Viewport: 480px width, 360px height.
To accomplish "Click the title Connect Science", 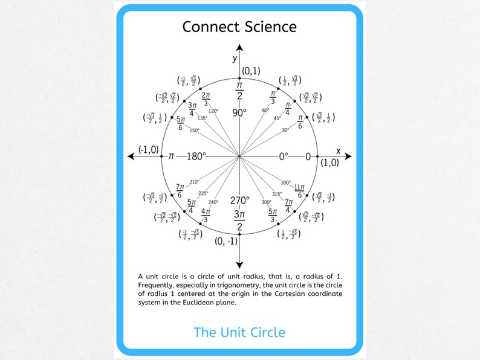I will (239, 27).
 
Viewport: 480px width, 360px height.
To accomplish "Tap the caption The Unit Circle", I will (239, 332).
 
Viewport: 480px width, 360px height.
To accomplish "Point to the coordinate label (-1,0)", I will (148, 150).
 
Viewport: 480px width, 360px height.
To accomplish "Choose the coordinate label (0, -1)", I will (226, 241).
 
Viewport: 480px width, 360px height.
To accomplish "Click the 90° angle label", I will (239, 113).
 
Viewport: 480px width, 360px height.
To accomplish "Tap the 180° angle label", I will (196, 156).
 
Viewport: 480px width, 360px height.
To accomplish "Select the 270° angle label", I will (239, 201).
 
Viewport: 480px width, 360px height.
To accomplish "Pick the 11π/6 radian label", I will (299, 190).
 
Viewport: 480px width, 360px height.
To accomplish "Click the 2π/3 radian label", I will (206, 99).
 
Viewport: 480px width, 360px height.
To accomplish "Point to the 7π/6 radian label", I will (180, 191).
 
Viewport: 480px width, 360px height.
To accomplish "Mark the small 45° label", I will (277, 118).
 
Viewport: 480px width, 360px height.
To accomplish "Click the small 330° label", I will (286, 182).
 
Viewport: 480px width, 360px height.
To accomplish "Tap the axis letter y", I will (235, 58).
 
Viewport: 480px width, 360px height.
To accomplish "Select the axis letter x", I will (338, 150).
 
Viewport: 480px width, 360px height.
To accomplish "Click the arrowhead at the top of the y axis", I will (239, 47).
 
